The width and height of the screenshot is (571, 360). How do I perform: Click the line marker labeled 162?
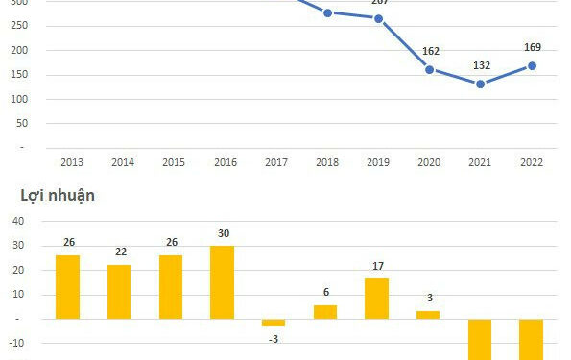click(429, 69)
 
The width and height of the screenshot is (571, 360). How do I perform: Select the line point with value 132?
click(480, 84)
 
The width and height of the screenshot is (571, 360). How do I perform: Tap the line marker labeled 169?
click(532, 66)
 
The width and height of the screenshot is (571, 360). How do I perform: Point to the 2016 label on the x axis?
click(225, 162)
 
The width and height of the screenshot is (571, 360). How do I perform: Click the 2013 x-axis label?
click(71, 162)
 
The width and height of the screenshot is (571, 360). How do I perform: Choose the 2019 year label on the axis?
click(378, 162)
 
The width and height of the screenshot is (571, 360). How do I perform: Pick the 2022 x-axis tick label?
click(532, 162)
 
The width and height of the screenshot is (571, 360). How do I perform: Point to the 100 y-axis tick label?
click(17, 99)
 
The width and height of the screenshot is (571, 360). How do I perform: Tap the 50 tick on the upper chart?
click(20, 124)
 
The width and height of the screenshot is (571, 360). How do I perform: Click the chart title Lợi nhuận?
click(58, 196)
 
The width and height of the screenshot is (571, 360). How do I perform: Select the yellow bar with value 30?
click(223, 282)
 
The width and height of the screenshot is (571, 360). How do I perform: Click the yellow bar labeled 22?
click(119, 292)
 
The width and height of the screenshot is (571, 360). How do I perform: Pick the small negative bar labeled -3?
click(274, 323)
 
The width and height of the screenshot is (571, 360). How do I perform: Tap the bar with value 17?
click(377, 299)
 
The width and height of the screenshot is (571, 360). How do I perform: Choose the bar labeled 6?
click(325, 312)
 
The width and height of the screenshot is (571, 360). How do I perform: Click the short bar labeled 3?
click(428, 315)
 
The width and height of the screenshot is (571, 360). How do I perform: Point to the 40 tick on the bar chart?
click(18, 221)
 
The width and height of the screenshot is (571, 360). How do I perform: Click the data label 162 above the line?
click(430, 50)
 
